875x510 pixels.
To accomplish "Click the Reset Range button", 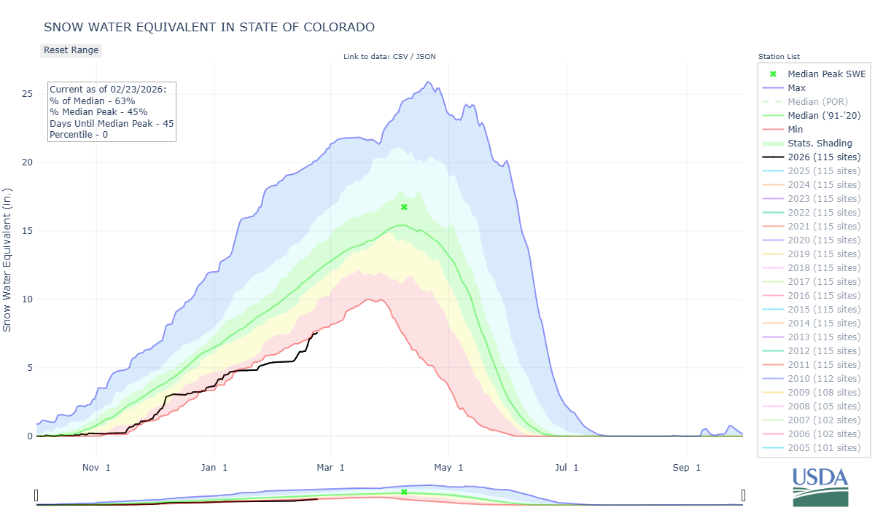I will click(71, 50).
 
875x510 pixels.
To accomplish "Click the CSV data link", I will click(400, 57).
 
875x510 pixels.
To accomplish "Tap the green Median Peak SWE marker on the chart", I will click(404, 207).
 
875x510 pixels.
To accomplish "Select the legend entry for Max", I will click(797, 88).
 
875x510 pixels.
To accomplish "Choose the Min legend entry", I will click(796, 130).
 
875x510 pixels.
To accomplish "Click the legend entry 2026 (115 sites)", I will click(824, 157).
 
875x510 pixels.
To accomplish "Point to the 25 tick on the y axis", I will click(27, 94).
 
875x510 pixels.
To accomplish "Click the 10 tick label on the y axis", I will click(27, 299).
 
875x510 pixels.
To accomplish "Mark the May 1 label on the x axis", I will click(450, 467).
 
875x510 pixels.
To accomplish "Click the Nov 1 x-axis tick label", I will click(96, 467).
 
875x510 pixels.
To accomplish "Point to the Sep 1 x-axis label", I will click(685, 467).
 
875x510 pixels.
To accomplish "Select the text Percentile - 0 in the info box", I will click(79, 135).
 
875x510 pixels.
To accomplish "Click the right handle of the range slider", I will click(743, 496).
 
